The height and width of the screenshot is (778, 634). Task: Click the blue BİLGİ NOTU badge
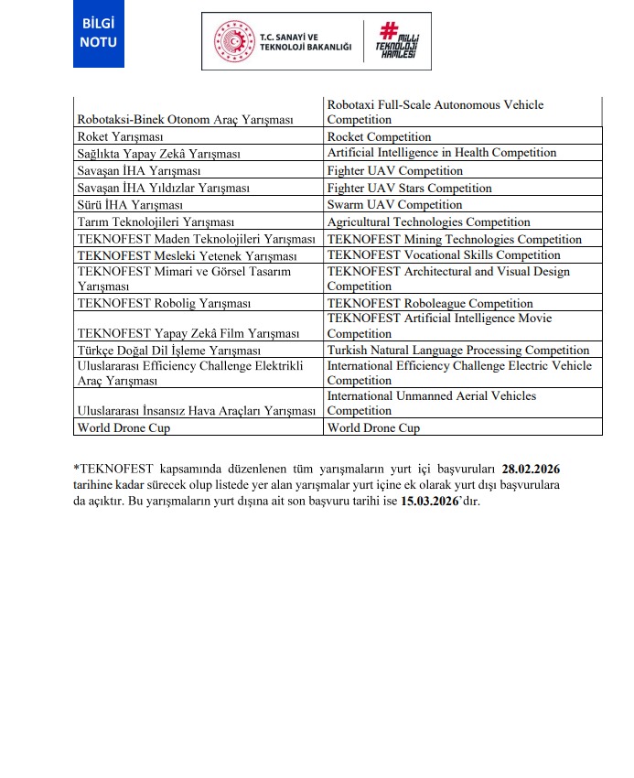click(99, 35)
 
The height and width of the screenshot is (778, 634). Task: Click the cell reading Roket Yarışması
click(122, 137)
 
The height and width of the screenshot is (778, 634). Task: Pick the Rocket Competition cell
click(379, 137)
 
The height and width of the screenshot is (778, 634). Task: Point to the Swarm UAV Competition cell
click(394, 205)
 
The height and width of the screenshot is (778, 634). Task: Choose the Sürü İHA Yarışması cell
click(130, 205)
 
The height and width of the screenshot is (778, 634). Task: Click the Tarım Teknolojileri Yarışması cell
click(156, 222)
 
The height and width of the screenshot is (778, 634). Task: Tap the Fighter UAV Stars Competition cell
click(409, 189)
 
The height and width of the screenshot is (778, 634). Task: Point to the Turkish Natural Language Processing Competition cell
click(458, 351)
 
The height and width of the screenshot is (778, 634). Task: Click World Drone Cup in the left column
click(124, 427)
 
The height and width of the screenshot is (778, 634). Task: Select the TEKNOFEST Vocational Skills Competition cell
click(444, 255)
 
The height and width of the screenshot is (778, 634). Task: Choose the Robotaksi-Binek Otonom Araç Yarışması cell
click(185, 120)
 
